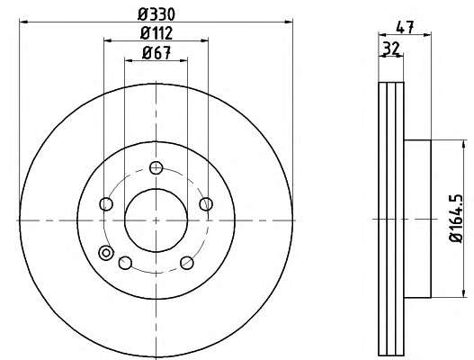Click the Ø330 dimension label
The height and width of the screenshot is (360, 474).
click(157, 14)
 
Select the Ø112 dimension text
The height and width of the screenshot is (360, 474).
click(157, 33)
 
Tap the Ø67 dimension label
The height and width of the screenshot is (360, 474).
click(157, 53)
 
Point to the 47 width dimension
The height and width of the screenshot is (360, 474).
click(405, 27)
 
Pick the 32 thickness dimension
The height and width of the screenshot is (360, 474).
click(391, 49)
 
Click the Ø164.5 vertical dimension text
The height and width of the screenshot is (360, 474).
click(456, 218)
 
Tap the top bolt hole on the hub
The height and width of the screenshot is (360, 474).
click(156, 168)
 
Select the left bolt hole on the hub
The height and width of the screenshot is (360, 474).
click(106, 204)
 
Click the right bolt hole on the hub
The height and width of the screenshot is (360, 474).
click(206, 203)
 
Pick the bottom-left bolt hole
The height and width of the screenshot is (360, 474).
click(125, 263)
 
